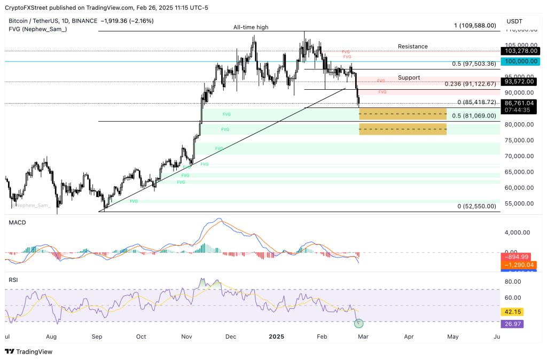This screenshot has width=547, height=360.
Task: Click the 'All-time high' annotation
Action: point(251,27)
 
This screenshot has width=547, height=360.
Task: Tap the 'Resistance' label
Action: point(412,46)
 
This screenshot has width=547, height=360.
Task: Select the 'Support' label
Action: point(408,77)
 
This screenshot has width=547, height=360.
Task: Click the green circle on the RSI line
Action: point(359,323)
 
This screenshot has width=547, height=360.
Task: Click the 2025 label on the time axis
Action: point(276,337)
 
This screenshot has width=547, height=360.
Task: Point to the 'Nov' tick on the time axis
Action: point(186,337)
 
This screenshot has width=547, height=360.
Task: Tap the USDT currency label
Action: point(514,21)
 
